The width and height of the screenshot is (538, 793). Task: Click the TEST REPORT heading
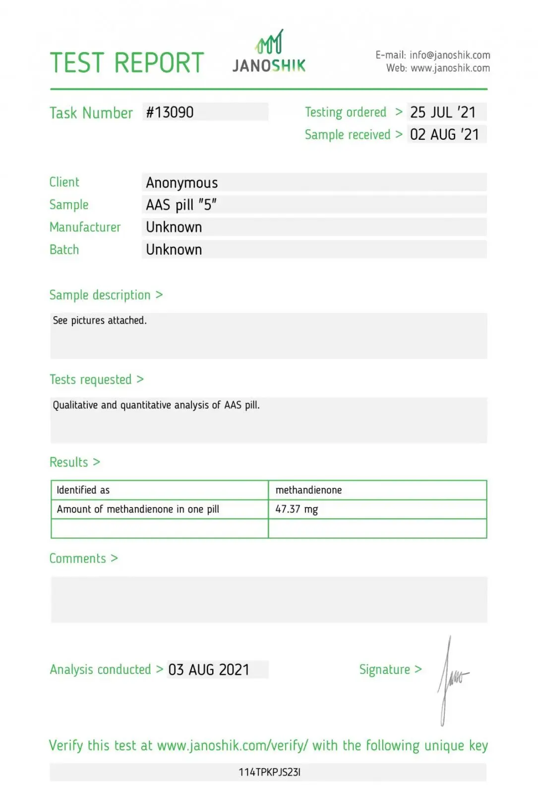(127, 63)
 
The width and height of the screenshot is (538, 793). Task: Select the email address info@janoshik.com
(450, 55)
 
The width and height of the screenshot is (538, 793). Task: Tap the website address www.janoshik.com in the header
(450, 68)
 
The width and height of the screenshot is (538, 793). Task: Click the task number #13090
(170, 113)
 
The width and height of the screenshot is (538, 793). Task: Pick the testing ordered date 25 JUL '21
(443, 113)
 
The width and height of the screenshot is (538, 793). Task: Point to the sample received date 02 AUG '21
(444, 135)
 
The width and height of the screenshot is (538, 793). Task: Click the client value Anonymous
(182, 183)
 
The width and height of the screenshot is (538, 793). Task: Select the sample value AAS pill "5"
(181, 205)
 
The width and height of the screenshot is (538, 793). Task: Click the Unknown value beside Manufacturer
(174, 227)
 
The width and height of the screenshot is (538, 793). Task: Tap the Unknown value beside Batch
(174, 250)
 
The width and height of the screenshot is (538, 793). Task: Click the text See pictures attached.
(100, 321)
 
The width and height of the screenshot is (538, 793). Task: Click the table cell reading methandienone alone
(308, 490)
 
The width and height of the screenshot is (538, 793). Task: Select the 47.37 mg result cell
(297, 510)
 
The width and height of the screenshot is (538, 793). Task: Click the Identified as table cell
(83, 490)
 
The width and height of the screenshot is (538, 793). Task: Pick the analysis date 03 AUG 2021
(209, 670)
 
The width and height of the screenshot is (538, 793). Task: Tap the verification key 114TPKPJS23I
(269, 772)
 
